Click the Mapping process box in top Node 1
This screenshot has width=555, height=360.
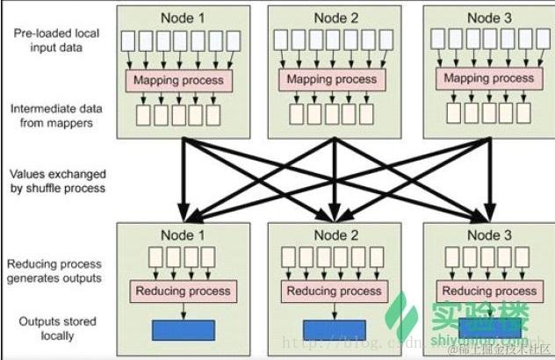(x=180, y=81)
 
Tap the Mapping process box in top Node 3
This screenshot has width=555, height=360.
(x=488, y=78)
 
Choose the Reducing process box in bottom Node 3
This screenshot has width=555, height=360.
(x=489, y=291)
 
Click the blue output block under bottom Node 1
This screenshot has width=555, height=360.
(x=184, y=330)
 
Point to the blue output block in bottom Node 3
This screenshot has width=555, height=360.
(x=489, y=328)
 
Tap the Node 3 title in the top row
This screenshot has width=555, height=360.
(x=489, y=17)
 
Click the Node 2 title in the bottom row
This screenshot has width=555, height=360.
(x=335, y=235)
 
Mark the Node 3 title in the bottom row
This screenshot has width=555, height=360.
(x=489, y=235)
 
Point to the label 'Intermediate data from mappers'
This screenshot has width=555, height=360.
(x=52, y=116)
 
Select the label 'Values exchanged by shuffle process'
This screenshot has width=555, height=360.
(x=57, y=181)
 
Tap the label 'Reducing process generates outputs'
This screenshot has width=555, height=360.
(x=56, y=270)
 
